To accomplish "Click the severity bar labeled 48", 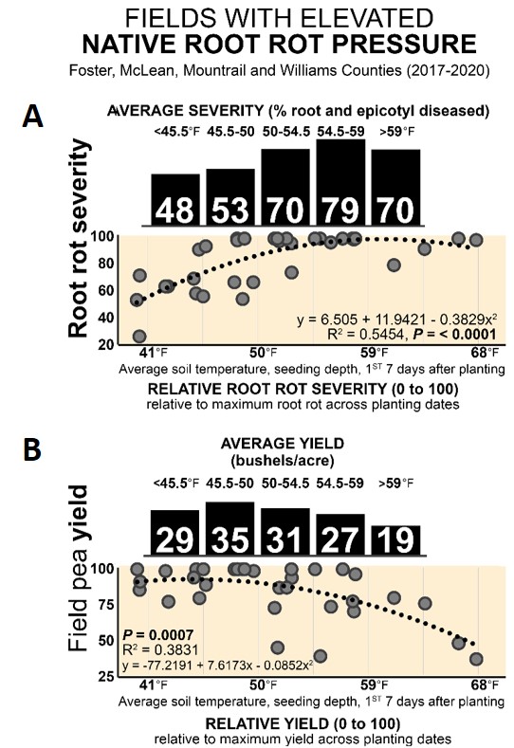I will (175, 200).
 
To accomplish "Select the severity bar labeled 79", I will (341, 183).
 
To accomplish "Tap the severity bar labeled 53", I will (230, 197).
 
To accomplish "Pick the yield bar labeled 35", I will (230, 529).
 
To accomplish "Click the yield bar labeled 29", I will (175, 533).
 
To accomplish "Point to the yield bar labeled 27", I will (340, 535).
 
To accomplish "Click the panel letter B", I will (33, 450).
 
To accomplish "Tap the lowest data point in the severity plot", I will (139, 337).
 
